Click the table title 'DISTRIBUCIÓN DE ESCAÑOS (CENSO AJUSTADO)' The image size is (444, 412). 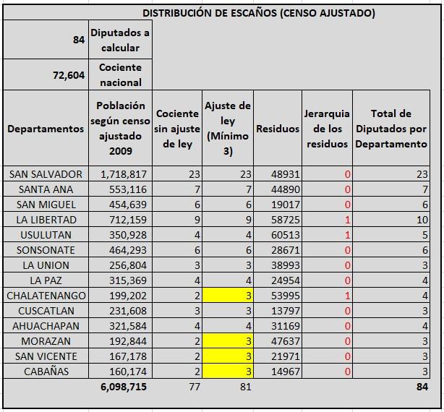tap(259, 13)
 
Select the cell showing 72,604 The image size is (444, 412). tap(69, 75)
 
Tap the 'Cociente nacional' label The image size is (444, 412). tap(120, 74)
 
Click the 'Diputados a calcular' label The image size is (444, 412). tap(120, 40)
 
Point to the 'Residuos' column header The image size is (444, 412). tap(278, 129)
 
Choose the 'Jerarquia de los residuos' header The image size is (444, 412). tap(327, 129)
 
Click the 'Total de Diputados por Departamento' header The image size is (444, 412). tap(391, 129)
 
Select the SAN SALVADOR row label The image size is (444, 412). tap(46, 174)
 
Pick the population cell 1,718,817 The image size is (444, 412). tap(124, 174)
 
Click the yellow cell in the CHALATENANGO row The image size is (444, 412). tap(228, 296)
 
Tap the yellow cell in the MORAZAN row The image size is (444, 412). tap(228, 341)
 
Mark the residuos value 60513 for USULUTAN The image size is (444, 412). tap(286, 235)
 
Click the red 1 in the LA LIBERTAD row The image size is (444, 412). tap(347, 220)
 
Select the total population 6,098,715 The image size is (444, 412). tap(124, 387)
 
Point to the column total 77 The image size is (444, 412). tap(195, 387)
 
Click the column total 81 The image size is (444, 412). tap(246, 387)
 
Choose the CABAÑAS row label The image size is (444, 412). tap(46, 372)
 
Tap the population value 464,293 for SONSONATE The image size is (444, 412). tap(128, 250)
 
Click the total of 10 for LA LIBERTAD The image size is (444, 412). tap(422, 220)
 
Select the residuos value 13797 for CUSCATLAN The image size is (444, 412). tap(286, 311)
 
